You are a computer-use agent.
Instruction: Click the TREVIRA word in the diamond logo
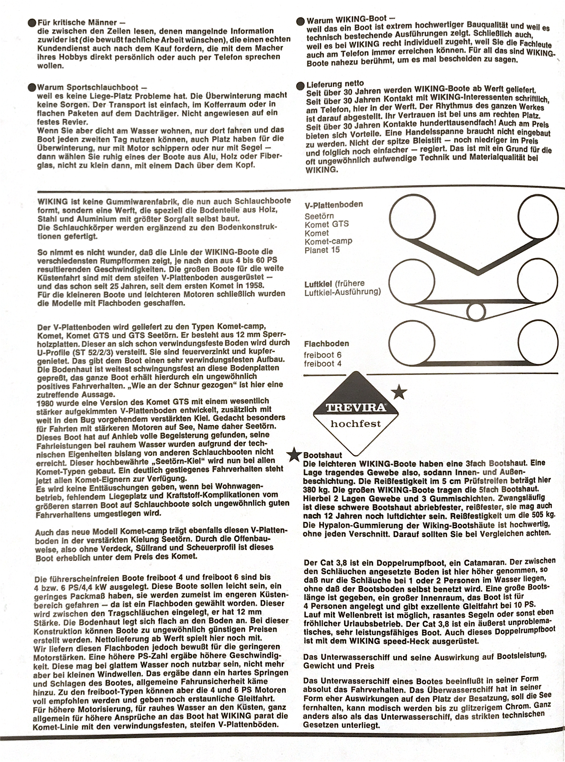pos(356,408)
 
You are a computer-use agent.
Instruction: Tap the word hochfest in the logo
pos(356,424)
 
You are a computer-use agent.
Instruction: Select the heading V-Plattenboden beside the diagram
pos(333,205)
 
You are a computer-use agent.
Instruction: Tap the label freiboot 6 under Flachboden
pos(323,355)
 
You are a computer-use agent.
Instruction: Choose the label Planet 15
pos(322,250)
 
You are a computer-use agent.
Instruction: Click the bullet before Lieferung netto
pos(301,85)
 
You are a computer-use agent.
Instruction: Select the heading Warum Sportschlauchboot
pos(87,87)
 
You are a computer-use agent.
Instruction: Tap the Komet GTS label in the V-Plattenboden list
pos(326,224)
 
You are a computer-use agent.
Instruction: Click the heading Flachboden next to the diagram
pos(326,344)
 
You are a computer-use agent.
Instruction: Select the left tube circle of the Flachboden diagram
pos(412,344)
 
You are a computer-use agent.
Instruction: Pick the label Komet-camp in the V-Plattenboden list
pos(328,241)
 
